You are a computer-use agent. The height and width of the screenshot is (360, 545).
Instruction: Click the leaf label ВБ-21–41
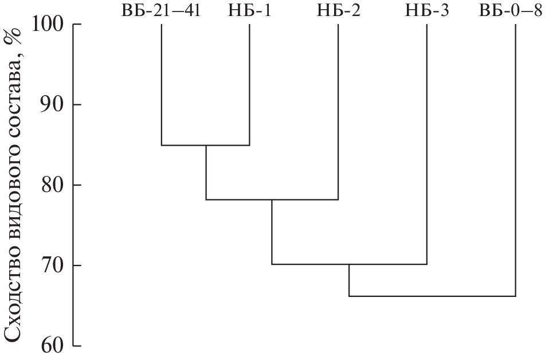pyautogui.click(x=161, y=10)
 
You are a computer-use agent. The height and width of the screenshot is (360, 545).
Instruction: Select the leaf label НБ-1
pyautogui.click(x=249, y=10)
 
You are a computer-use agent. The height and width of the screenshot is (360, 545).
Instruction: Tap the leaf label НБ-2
pyautogui.click(x=339, y=10)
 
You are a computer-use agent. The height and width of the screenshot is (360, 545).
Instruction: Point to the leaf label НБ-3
pyautogui.click(x=427, y=10)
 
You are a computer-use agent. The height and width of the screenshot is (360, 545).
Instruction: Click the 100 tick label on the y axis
pyautogui.click(x=48, y=24)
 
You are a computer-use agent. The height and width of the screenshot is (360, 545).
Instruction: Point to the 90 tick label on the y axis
pyautogui.click(x=53, y=104)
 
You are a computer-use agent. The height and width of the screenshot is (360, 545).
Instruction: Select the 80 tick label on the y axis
pyautogui.click(x=53, y=185)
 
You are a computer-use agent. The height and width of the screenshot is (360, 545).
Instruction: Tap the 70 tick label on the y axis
pyautogui.click(x=53, y=265)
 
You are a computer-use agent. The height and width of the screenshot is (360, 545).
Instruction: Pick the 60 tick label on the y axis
pyautogui.click(x=53, y=346)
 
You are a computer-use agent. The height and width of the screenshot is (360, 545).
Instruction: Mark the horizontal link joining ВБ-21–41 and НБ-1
pyautogui.click(x=206, y=145)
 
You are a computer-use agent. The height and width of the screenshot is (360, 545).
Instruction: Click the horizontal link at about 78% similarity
pyautogui.click(x=272, y=199)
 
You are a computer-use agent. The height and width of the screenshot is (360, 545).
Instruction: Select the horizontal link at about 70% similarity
pyautogui.click(x=350, y=264)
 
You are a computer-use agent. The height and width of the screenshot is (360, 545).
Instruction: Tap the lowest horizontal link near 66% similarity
pyautogui.click(x=432, y=296)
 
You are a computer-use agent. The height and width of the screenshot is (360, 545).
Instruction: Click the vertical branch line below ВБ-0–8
pyautogui.click(x=515, y=160)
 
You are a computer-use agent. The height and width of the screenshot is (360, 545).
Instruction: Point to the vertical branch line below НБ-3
pyautogui.click(x=427, y=144)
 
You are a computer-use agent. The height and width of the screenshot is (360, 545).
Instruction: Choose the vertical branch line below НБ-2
pyautogui.click(x=338, y=112)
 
